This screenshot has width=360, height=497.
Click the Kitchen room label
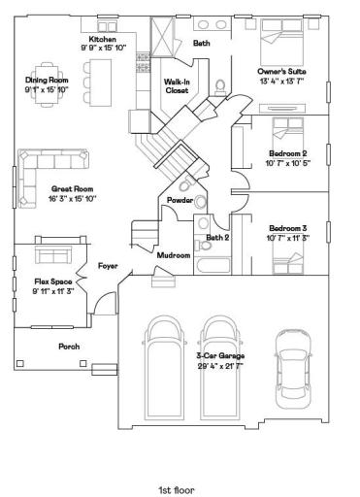pyautogui.click(x=103, y=39)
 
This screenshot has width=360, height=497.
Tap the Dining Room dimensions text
pyautogui.click(x=47, y=89)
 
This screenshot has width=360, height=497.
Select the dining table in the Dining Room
pyautogui.click(x=48, y=84)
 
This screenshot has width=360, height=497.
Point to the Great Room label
pyautogui.click(x=73, y=188)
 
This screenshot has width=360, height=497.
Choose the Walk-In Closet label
pyautogui.click(x=177, y=86)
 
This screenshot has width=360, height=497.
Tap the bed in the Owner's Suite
pyautogui.click(x=281, y=43)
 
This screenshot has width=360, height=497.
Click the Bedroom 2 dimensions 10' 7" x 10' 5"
pyautogui.click(x=288, y=163)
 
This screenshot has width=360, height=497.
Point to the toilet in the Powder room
pyautogui.click(x=185, y=183)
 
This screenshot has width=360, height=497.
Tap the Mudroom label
pyautogui.click(x=174, y=255)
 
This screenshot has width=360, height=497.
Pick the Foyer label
pyautogui.click(x=108, y=266)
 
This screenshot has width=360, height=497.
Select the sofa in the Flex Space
pyautogui.click(x=53, y=254)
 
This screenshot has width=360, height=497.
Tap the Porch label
pyautogui.click(x=69, y=347)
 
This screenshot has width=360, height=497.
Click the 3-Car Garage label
pyautogui.click(x=220, y=355)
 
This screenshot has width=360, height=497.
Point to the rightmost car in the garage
pyautogui.click(x=293, y=369)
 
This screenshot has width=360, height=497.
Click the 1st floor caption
pyautogui.click(x=177, y=490)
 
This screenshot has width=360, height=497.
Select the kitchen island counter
pyautogui.click(x=100, y=83)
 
